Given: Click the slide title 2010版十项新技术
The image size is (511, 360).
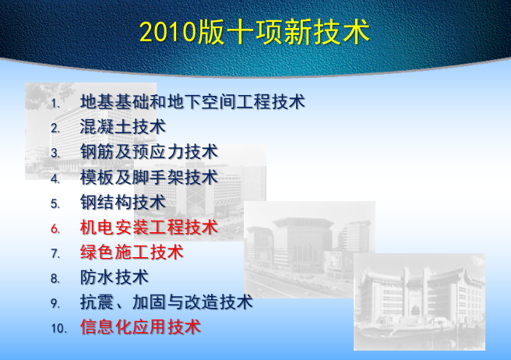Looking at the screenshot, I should [254, 32].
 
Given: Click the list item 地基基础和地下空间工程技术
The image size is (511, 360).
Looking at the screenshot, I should [192, 101].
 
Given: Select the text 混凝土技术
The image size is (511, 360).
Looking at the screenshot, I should [122, 126].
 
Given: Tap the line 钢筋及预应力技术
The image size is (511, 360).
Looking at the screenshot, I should [149, 151].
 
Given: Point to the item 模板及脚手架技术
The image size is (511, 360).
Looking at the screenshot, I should [149, 177].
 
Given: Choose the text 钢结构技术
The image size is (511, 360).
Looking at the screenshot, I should [122, 203].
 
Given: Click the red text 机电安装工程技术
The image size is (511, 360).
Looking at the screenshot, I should [149, 228].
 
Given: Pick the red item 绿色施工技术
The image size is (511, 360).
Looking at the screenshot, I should [132, 252].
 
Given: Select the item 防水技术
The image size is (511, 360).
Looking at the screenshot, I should [114, 277].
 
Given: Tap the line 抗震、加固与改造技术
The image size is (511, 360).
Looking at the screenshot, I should [166, 302].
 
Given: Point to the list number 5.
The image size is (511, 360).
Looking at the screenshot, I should [55, 204].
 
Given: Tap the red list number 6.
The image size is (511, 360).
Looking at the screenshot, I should [55, 229].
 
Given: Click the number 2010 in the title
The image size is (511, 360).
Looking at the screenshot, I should [168, 33].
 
